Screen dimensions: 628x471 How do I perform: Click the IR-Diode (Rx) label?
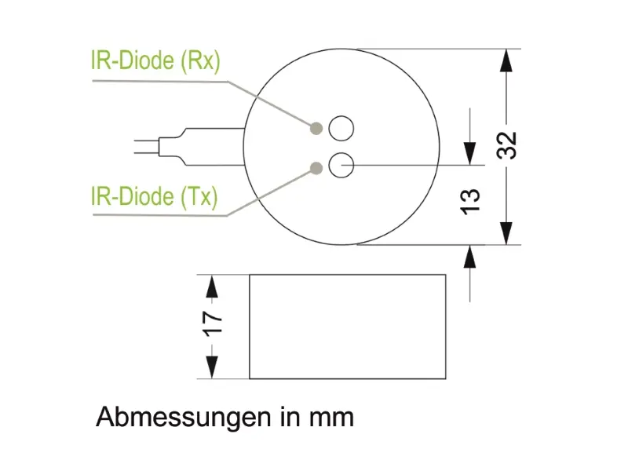coord(155,61)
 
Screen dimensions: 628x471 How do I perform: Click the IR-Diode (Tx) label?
coord(155,197)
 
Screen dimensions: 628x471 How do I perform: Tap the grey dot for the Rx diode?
coord(316,128)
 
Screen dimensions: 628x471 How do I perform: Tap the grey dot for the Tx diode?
coord(316,168)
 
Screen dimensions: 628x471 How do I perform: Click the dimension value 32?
coord(506,145)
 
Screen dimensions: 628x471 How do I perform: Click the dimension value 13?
coord(470,202)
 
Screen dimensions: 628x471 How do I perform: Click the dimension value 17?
coord(212,323)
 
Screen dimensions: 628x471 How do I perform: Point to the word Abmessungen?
coord(184,418)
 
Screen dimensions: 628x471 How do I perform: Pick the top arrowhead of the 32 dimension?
coord(506,60)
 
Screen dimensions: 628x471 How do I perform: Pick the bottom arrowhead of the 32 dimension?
coord(506,233)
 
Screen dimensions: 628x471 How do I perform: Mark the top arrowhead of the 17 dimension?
coord(211,286)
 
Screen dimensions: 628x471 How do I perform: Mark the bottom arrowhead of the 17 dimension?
coord(211,367)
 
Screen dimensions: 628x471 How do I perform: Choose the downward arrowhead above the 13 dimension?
coord(469,153)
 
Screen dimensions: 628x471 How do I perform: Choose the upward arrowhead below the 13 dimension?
coord(469,257)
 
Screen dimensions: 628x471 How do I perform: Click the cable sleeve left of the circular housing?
coord(202,147)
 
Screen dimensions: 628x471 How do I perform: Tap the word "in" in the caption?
coord(290,417)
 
